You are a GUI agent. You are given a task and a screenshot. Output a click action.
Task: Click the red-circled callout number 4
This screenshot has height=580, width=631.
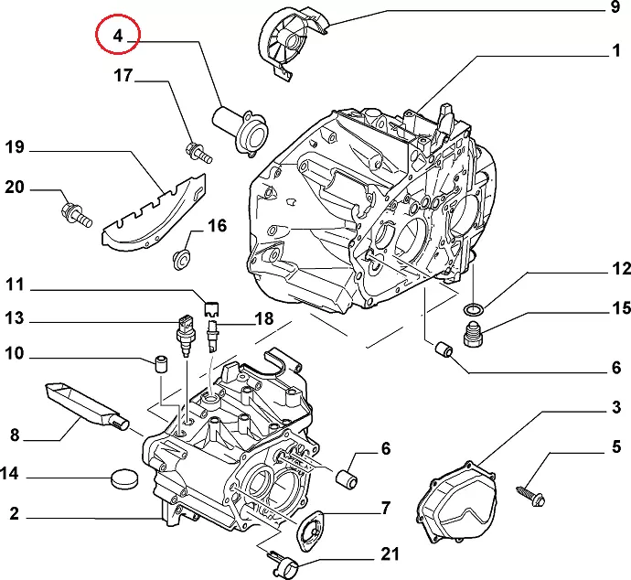coord(118,37)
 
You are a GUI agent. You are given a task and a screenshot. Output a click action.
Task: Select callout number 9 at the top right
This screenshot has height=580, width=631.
coord(615,9)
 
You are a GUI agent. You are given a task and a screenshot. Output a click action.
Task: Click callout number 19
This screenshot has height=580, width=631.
coord(14,146)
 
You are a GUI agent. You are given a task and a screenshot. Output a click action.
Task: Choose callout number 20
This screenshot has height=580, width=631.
coord(15,188)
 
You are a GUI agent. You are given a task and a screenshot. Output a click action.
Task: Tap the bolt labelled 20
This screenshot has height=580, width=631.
coord(74,215)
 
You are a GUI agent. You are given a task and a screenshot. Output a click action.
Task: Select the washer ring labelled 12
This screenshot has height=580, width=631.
coord(472,311)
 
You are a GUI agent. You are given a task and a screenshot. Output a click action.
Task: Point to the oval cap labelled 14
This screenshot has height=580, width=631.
coord(121,477)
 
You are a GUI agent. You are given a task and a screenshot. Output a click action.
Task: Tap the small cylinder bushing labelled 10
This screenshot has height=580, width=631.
coord(161,365)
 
